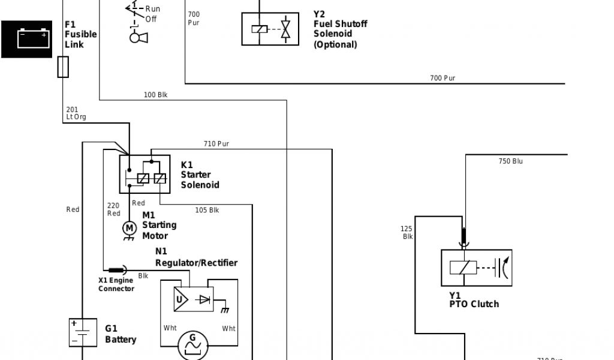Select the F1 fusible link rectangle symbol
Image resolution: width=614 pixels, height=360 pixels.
pos(62,67)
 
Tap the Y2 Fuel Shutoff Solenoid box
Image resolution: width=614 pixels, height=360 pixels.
pos(272,29)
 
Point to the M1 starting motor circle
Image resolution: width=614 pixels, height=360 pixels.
pos(129,227)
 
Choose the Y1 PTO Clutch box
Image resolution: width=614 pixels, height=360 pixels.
pos(477,268)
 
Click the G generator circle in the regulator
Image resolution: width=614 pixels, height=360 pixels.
pos(193,343)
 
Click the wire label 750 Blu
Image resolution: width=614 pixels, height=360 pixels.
pos(510,161)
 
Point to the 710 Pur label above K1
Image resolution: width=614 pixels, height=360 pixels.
pos(216,144)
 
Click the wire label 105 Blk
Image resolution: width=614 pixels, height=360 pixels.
pos(207,210)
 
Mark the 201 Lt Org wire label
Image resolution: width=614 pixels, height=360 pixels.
pos(76,113)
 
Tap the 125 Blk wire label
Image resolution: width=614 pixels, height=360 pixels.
pos(407,232)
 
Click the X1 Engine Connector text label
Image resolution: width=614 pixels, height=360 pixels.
pos(116,284)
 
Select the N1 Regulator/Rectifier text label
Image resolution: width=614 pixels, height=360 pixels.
pos(196,257)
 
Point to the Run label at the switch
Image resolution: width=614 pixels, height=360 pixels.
pos(152,9)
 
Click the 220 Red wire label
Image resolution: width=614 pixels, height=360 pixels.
pos(113,209)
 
